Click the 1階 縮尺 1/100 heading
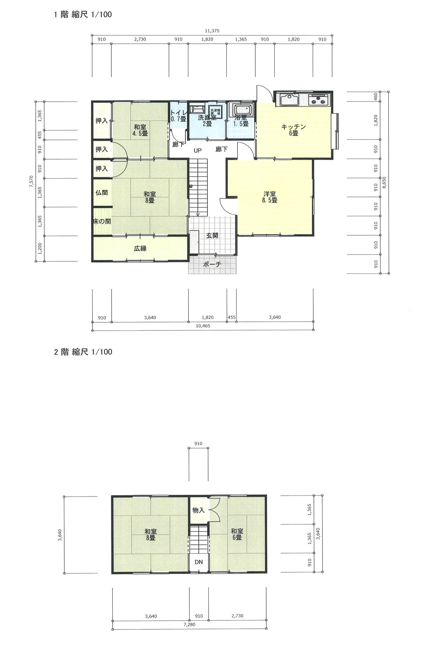coord(83,14)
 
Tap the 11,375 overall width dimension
coord(212,31)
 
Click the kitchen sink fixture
coord(289,100)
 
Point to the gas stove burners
coord(318,99)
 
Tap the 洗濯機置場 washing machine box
coord(215,112)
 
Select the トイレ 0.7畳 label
coord(179,116)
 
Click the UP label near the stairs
coord(198,151)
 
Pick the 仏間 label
coord(102,193)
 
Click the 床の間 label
coord(102,221)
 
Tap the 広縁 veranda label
coord(140,248)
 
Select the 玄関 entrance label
coord(212,235)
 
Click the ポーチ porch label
coord(212,264)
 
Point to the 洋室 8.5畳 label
coord(270,197)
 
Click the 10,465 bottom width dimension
coord(203,326)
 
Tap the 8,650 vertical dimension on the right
coord(385,182)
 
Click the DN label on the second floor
coord(198,562)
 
